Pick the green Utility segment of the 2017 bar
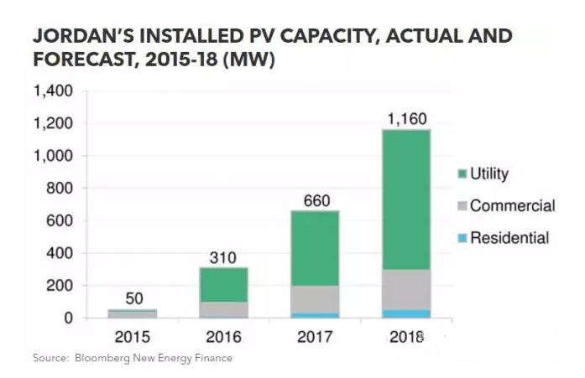pyautogui.click(x=316, y=248)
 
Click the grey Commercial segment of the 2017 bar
pyautogui.click(x=316, y=299)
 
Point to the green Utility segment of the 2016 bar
pyautogui.click(x=224, y=285)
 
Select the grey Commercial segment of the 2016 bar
pyautogui.click(x=224, y=308)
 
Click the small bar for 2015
pyautogui.click(x=133, y=314)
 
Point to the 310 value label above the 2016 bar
pyautogui.click(x=224, y=257)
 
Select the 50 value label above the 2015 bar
pyautogui.click(x=133, y=298)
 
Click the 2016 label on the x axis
pyautogui.click(x=224, y=337)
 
